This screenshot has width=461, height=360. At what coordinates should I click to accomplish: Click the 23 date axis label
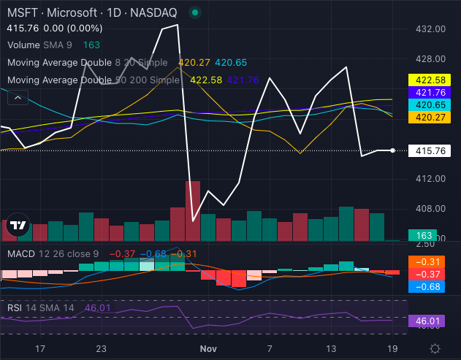coord(102,348)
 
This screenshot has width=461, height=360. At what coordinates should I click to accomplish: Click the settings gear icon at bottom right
coord(435,348)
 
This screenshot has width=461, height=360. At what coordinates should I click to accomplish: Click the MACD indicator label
coord(20,253)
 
